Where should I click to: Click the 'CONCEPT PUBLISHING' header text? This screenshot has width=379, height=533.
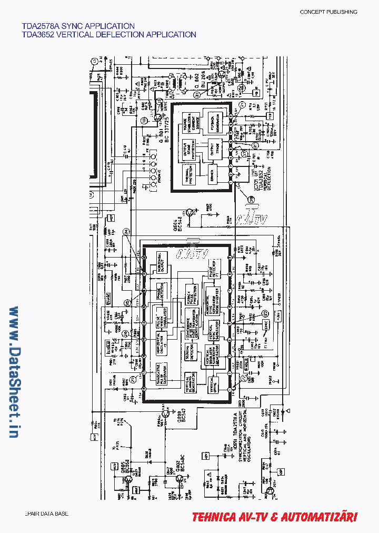point(328,12)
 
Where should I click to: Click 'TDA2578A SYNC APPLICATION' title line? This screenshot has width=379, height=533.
point(78,25)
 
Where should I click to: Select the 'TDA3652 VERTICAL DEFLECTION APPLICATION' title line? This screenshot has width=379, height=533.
point(109,35)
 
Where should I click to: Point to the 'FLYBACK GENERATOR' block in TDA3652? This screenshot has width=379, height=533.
point(215,122)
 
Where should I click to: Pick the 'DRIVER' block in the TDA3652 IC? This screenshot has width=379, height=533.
point(213,174)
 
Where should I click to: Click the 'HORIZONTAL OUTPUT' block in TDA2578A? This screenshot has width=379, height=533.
point(162,262)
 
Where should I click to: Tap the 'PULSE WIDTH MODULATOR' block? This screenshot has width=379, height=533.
point(162,318)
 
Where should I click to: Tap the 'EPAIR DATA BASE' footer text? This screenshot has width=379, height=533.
point(46,514)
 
